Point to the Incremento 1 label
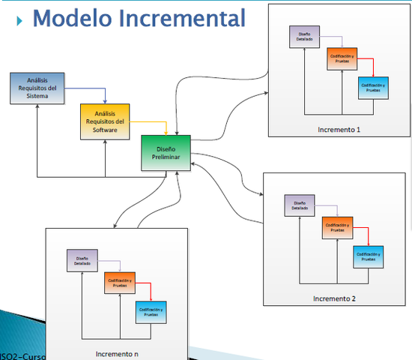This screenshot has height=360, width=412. (339, 130)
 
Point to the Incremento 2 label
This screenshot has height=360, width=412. (335, 298)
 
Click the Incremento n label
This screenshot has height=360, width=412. (117, 352)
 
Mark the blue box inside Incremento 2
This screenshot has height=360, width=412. (369, 256)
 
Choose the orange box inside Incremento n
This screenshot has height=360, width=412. (119, 283)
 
